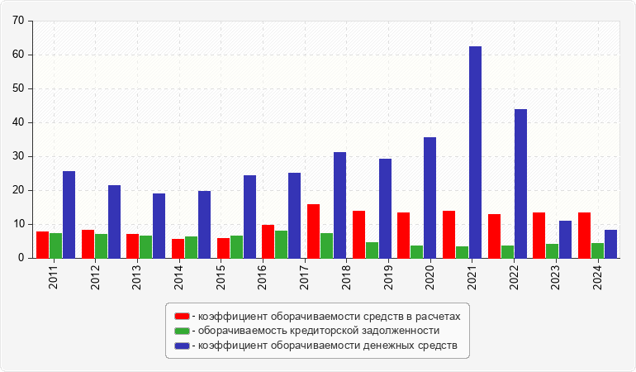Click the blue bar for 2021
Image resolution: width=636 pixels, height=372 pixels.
point(475,152)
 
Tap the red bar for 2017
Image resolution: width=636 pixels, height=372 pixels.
point(313,231)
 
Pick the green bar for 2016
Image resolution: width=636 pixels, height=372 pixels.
point(281,244)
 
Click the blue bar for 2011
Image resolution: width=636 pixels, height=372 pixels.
point(69,214)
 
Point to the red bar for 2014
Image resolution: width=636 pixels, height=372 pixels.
point(178,248)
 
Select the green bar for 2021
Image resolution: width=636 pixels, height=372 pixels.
point(462,251)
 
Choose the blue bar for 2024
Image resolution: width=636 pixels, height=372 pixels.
point(610,244)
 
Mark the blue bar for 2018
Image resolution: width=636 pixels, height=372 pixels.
point(339,205)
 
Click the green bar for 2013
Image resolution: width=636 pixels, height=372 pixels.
point(145,246)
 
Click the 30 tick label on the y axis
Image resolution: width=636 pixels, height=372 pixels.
point(18,156)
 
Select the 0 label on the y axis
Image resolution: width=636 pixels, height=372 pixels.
point(21,258)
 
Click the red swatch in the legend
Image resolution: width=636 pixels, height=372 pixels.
point(182,316)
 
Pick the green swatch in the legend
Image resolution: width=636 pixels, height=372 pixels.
point(182,331)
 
